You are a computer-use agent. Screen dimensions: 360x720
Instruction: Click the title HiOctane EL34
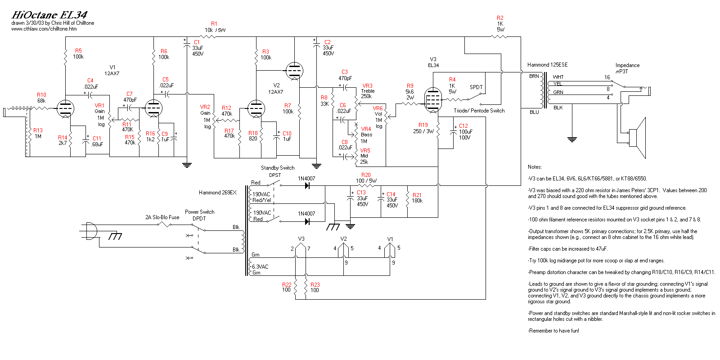pos(49,15)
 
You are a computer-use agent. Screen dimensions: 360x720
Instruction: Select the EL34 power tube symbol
pos(432,100)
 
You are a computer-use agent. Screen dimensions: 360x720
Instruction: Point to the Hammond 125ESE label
pos(547,65)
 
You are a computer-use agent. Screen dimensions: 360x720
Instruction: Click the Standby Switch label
pos(278,168)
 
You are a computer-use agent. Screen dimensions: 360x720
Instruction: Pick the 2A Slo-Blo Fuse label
pos(162,217)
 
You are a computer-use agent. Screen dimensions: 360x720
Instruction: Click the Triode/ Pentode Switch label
pos(479,111)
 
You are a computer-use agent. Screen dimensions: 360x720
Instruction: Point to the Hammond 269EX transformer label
pos(217,193)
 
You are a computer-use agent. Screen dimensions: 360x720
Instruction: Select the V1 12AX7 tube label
pos(112,70)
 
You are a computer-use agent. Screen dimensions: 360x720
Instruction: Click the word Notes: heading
pos(535,167)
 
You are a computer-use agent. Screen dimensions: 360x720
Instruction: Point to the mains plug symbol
pos(90,231)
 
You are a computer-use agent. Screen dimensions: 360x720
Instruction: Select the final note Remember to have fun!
pos(553,331)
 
